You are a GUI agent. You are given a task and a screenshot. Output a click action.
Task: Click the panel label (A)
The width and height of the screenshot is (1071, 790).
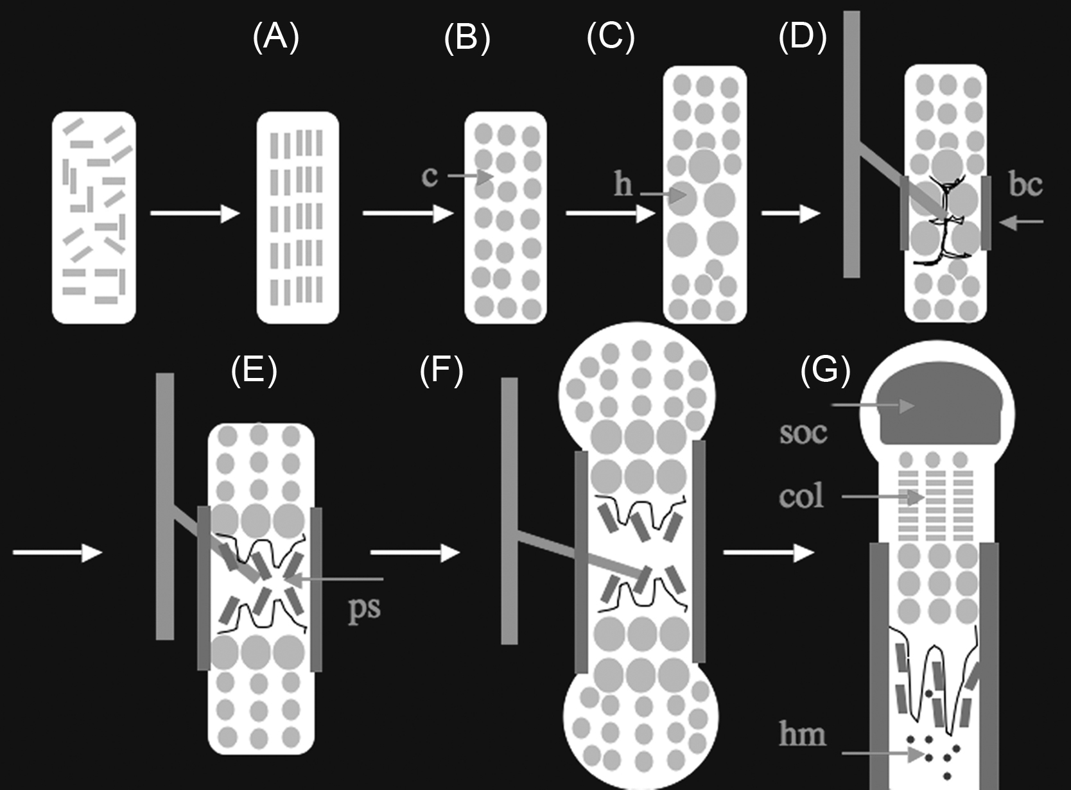tap(276, 37)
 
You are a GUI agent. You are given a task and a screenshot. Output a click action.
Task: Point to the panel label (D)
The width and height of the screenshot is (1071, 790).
tap(802, 37)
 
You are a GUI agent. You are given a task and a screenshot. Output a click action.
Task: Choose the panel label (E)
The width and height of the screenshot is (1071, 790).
tap(254, 370)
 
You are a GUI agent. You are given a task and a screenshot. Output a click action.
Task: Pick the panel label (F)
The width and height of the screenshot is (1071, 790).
tap(441, 370)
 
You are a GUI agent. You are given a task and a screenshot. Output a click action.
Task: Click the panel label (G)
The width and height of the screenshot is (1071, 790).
tap(825, 370)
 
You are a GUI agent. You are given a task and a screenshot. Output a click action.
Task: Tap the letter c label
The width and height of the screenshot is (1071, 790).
tap(430, 176)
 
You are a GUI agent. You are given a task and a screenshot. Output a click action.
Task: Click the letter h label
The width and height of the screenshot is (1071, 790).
tap(623, 185)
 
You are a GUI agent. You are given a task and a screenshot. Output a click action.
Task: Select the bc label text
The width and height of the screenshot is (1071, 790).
tap(1025, 185)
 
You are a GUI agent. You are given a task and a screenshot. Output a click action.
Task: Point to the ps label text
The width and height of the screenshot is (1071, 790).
tap(364, 607)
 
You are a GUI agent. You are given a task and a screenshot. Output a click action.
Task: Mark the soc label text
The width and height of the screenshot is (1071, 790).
tap(803, 433)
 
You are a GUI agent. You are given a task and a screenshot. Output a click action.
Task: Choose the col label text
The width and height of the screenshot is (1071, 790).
tap(801, 496)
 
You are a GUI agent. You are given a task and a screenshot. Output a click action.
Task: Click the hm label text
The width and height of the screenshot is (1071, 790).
tap(802, 734)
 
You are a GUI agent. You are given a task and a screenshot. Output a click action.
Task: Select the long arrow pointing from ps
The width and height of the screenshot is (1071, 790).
tap(334, 579)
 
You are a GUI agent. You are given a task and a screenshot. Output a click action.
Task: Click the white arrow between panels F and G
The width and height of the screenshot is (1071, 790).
tap(768, 552)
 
